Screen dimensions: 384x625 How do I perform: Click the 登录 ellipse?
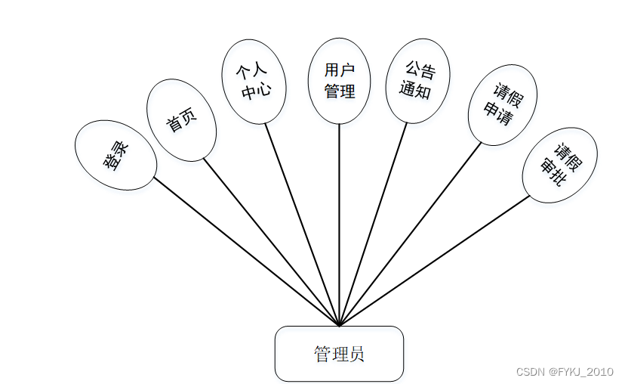coord(115,155)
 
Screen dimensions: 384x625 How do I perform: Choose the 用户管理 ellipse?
coord(339,81)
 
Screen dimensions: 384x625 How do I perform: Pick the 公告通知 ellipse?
coord(417,81)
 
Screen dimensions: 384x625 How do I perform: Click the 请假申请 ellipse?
coord(502,105)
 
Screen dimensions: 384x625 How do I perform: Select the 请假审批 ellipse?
coord(559,165)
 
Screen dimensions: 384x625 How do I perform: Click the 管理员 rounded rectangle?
coord(339,354)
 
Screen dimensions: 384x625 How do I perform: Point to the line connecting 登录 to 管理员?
coord(247,252)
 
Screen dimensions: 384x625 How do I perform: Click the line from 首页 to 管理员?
coord(272,243)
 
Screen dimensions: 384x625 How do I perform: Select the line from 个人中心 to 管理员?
coord(302,225)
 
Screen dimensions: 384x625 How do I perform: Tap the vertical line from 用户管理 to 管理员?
coord(339,227)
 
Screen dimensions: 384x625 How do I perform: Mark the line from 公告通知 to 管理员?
coord(374,225)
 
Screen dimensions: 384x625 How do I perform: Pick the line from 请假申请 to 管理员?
coord(410,234)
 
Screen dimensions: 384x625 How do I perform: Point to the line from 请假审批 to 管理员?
coord(435,261)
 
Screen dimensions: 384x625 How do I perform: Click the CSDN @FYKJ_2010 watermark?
coord(565,372)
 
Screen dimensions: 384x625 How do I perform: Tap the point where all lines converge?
coord(340,325)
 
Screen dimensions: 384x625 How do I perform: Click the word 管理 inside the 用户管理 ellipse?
coord(339,91)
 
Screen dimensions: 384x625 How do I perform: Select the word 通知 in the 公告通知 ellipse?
coord(414,91)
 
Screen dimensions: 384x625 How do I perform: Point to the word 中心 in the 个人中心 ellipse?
coord(254,92)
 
